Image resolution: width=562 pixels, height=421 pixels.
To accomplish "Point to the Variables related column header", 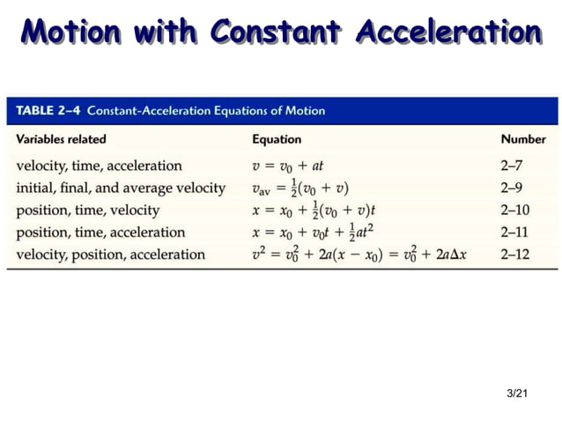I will pyautogui.click(x=61, y=139).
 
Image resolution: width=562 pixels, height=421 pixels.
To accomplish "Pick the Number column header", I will pyautogui.click(x=522, y=139).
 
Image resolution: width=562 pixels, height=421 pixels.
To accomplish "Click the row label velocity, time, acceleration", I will pyautogui.click(x=99, y=166).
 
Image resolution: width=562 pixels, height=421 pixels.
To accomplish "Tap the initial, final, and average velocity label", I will pyautogui.click(x=121, y=188).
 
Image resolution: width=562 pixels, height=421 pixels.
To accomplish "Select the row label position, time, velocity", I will pyautogui.click(x=87, y=210).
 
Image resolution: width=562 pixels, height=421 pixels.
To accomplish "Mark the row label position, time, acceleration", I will pyautogui.click(x=100, y=233).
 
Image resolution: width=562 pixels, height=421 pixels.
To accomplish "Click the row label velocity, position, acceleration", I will pyautogui.click(x=110, y=255).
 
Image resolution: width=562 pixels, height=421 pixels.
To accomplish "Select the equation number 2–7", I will pyautogui.click(x=512, y=166).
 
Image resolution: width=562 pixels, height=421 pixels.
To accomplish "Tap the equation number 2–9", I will pyautogui.click(x=512, y=188).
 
